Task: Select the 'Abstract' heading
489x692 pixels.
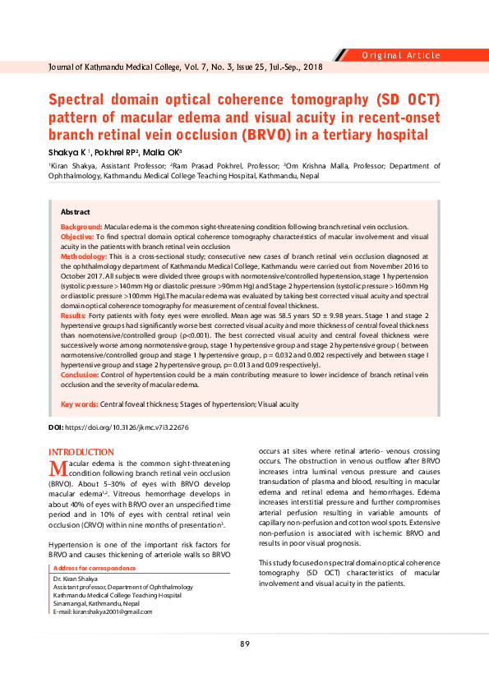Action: click(76, 212)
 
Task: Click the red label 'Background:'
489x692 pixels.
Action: click(81, 226)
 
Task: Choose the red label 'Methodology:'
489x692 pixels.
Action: click(84, 257)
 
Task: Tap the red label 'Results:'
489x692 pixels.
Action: click(73, 316)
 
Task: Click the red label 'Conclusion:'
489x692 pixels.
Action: click(81, 374)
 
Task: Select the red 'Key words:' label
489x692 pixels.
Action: click(80, 404)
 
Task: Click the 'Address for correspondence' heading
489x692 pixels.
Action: click(95, 569)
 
